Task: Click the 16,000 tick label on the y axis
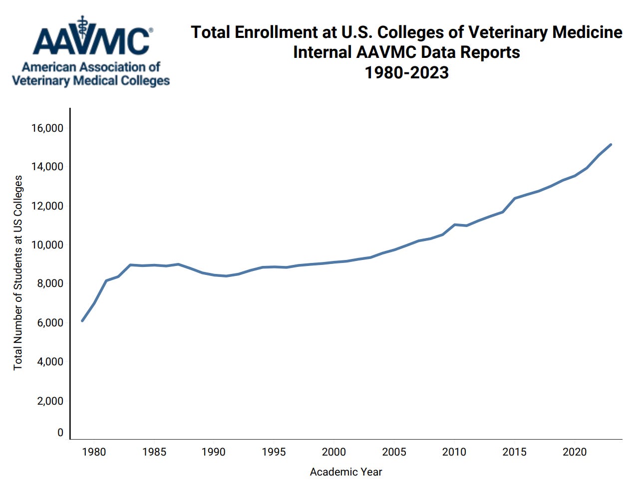47,128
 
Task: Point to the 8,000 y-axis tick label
50,283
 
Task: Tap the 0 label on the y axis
60,433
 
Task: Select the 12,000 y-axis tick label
47,206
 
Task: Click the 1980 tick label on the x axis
94,452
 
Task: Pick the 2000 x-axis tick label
333,452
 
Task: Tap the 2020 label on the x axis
575,452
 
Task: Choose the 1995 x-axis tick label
274,452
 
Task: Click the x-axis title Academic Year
345,472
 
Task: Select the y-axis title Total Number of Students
18,272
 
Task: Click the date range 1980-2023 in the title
406,73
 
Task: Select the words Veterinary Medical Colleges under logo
91,81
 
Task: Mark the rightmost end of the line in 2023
611,145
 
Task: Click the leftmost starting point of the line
82,320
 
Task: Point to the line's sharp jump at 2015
515,198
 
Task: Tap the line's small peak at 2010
455,225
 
